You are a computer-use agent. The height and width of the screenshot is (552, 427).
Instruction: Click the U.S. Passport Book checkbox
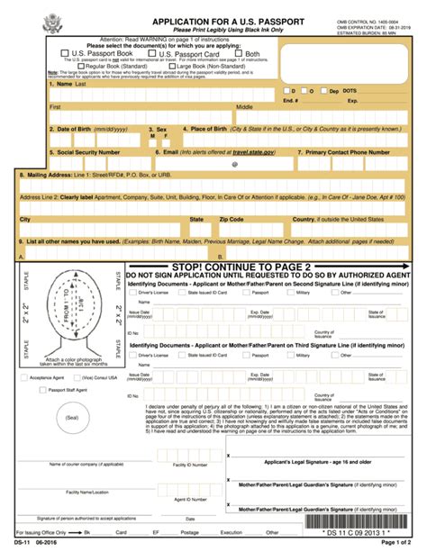pyautogui.click(x=64, y=54)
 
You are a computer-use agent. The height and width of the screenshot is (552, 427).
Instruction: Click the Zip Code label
pyautogui.click(x=232, y=219)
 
